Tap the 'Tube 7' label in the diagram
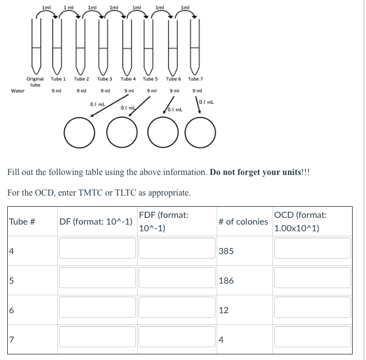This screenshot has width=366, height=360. pos(197,79)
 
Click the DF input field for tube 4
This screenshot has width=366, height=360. pos(96,248)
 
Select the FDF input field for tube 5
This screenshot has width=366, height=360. pos(175,277)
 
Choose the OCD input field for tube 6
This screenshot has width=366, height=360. pos(312,307)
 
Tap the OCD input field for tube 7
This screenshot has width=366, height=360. pos(312,336)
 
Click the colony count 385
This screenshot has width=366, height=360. pos(226,251)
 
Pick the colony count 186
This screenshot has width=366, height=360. pos(226,280)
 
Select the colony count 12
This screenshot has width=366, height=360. pos(223,310)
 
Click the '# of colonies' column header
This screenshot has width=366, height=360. pos(243,221)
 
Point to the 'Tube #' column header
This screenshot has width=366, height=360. pos(22,221)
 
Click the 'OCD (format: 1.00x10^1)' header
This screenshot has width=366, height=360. pos(301,221)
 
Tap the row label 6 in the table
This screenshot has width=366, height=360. pos(11,310)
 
